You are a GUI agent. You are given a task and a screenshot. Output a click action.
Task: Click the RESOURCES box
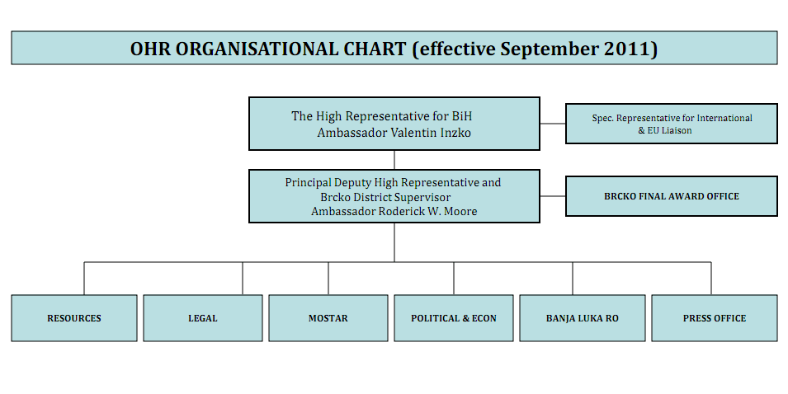pos(74,318)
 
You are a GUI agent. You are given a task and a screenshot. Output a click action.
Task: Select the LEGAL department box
pos(202,318)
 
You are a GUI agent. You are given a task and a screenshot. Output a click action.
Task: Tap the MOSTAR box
pos(328,318)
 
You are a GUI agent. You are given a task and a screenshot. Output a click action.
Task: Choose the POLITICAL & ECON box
pos(453,318)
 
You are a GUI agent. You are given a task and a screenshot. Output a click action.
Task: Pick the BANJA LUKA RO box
pos(582,318)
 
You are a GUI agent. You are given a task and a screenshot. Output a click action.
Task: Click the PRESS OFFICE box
pos(714,318)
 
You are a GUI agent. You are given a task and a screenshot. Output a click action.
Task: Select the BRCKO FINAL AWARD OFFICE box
pos(672,196)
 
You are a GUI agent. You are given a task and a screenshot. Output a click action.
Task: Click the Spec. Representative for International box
pos(672,124)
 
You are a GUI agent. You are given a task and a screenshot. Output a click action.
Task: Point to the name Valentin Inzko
pos(431,133)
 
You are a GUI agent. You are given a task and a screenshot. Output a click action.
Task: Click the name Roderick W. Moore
pos(427,211)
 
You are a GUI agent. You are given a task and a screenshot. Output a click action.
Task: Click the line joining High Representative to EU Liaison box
pos(553,124)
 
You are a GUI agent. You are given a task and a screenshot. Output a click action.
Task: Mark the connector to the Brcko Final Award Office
pos(553,196)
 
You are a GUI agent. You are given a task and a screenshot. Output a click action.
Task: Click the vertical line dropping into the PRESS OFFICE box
pos(711,278)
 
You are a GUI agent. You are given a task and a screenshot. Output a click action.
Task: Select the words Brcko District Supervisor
pos(385,197)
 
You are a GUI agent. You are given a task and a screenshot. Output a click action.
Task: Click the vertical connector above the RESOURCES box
pos(84,278)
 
